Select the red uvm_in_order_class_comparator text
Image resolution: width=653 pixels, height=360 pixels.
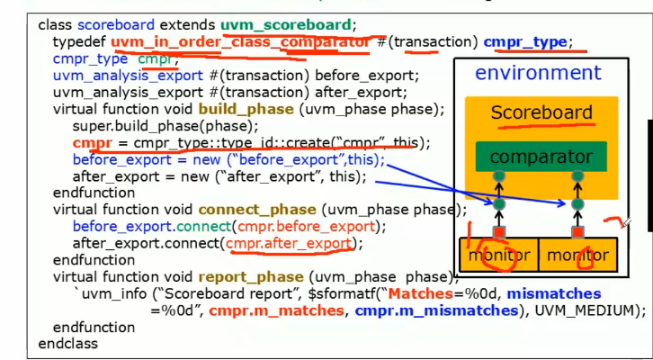(x=240, y=42)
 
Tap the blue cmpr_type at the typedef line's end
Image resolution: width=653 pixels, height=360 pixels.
(x=526, y=42)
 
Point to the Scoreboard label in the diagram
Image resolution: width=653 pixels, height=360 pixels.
(x=541, y=112)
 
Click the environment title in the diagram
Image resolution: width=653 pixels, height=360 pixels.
(x=538, y=74)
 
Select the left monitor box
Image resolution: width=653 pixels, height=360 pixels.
(x=498, y=256)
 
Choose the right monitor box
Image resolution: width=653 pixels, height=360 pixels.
(x=578, y=256)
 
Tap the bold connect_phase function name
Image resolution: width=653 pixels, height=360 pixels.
(x=259, y=209)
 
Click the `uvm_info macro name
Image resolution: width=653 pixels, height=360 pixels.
(x=103, y=293)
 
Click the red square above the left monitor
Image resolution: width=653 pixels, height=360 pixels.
(x=498, y=232)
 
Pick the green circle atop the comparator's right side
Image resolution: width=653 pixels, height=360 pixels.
(x=577, y=176)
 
